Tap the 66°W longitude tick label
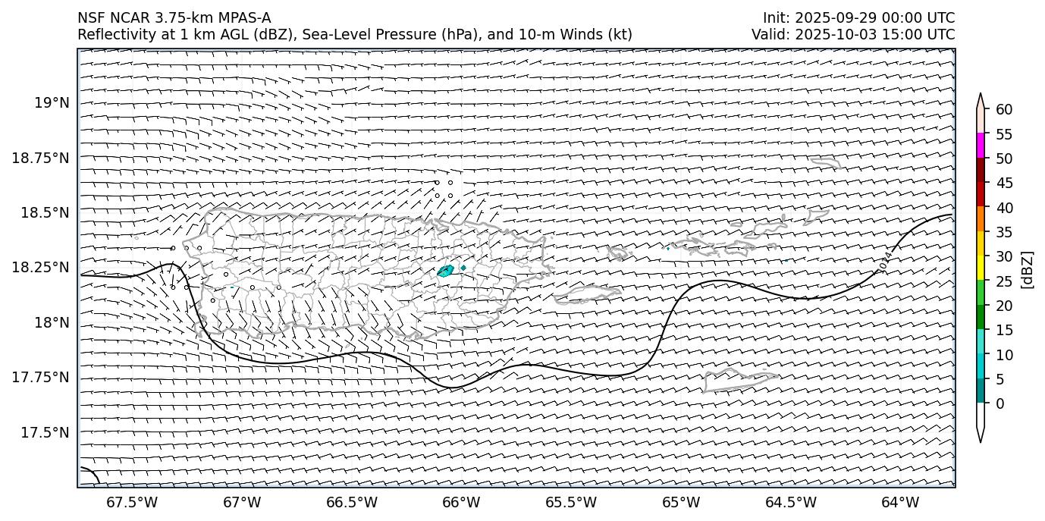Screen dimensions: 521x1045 [461, 502]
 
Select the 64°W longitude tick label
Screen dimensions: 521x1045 [900, 502]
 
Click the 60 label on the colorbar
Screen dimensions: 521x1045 [1004, 110]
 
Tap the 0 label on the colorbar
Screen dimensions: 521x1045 [999, 403]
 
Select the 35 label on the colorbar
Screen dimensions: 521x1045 [1004, 232]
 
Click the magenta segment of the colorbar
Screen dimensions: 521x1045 [981, 146]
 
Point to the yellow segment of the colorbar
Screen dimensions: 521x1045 [981, 268]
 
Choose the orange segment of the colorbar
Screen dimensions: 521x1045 [981, 218]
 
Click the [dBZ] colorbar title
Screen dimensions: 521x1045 [1028, 269]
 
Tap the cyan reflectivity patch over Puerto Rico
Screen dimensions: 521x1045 [445, 271]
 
